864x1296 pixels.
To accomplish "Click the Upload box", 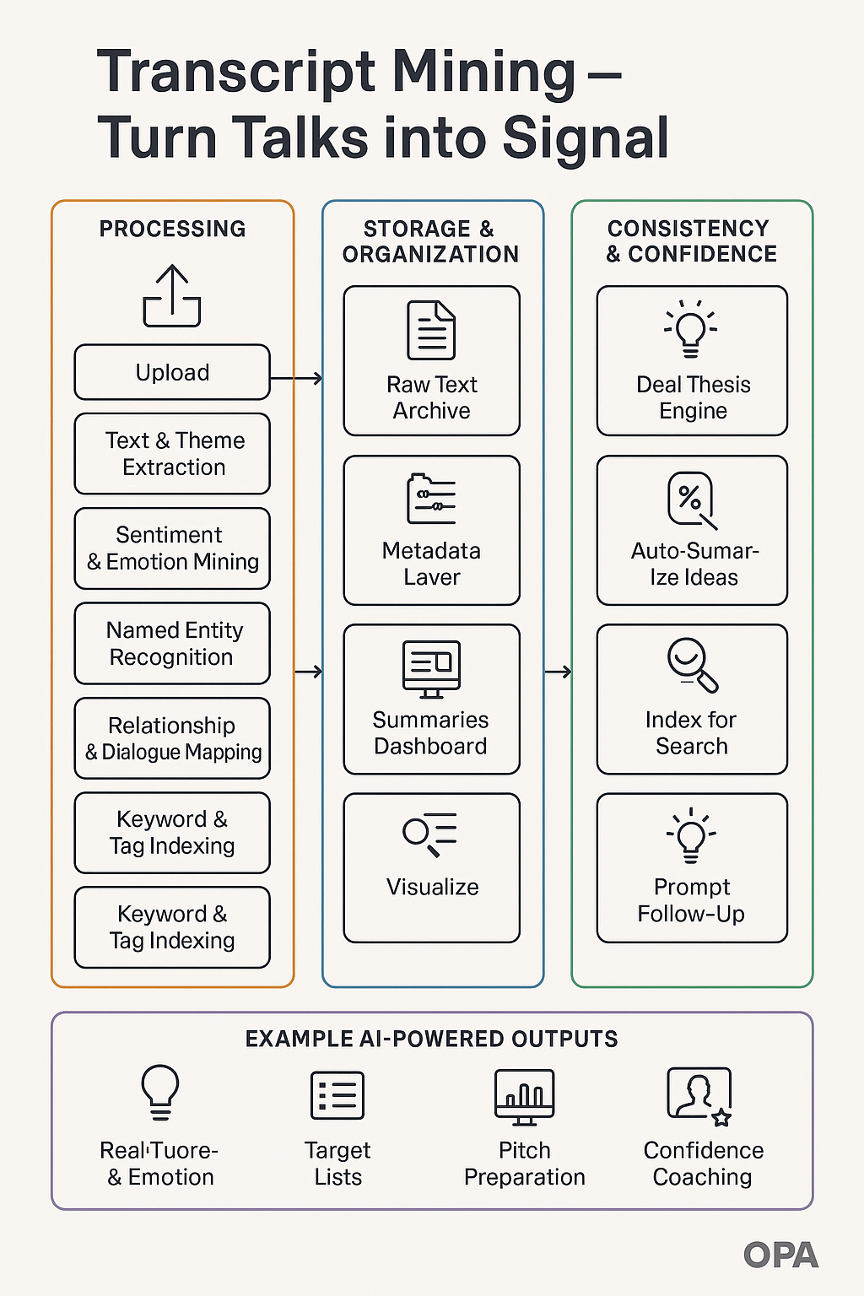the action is [x=172, y=372].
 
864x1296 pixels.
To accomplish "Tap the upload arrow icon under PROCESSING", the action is [x=172, y=295].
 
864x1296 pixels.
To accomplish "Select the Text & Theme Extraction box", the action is [x=172, y=454].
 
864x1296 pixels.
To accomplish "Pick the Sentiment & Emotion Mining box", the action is [x=172, y=548].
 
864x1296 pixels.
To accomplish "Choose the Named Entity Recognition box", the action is [x=172, y=644].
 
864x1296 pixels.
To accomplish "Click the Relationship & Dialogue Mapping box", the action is [x=172, y=738].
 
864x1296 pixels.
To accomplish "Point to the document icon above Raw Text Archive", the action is [x=431, y=331].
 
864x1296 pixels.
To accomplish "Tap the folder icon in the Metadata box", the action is [x=431, y=499].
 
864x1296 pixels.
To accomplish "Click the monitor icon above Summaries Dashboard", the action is [x=431, y=669].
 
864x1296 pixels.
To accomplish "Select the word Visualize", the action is [x=432, y=887].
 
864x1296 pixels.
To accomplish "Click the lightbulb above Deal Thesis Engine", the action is [x=690, y=329].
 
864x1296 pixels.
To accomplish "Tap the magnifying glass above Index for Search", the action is [x=693, y=666].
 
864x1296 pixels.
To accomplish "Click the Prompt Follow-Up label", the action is [x=691, y=900].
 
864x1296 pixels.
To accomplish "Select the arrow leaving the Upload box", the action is [x=296, y=378].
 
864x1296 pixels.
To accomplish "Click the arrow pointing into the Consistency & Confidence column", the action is [x=558, y=672].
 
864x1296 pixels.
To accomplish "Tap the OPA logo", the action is [x=780, y=1255].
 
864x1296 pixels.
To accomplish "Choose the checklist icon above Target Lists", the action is [x=337, y=1095].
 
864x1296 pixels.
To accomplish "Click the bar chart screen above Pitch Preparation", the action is [x=524, y=1097].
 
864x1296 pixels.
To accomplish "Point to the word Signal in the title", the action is [x=586, y=138].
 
